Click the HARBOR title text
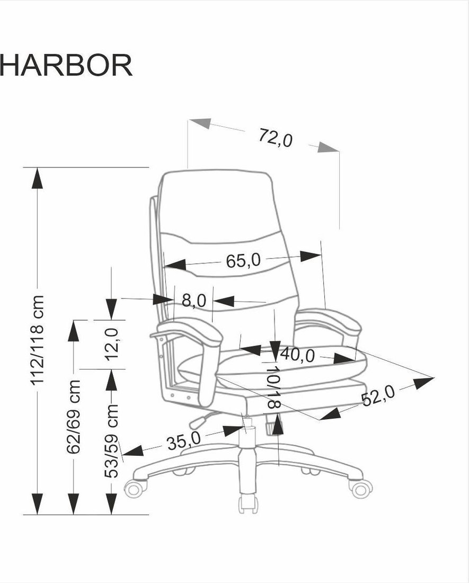pyautogui.click(x=66, y=65)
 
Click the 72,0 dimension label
pyautogui.click(x=276, y=138)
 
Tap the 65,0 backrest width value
pyautogui.click(x=243, y=261)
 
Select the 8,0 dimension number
pyautogui.click(x=193, y=299)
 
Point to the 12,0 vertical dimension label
pyautogui.click(x=111, y=344)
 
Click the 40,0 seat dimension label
pyautogui.click(x=297, y=355)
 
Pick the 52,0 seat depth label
pyautogui.click(x=378, y=396)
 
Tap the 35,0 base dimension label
pyautogui.click(x=183, y=441)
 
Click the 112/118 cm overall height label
pyautogui.click(x=38, y=340)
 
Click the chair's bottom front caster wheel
pyautogui.click(x=248, y=504)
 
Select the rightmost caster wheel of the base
pyautogui.click(x=361, y=489)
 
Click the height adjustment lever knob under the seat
pyautogui.click(x=197, y=422)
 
